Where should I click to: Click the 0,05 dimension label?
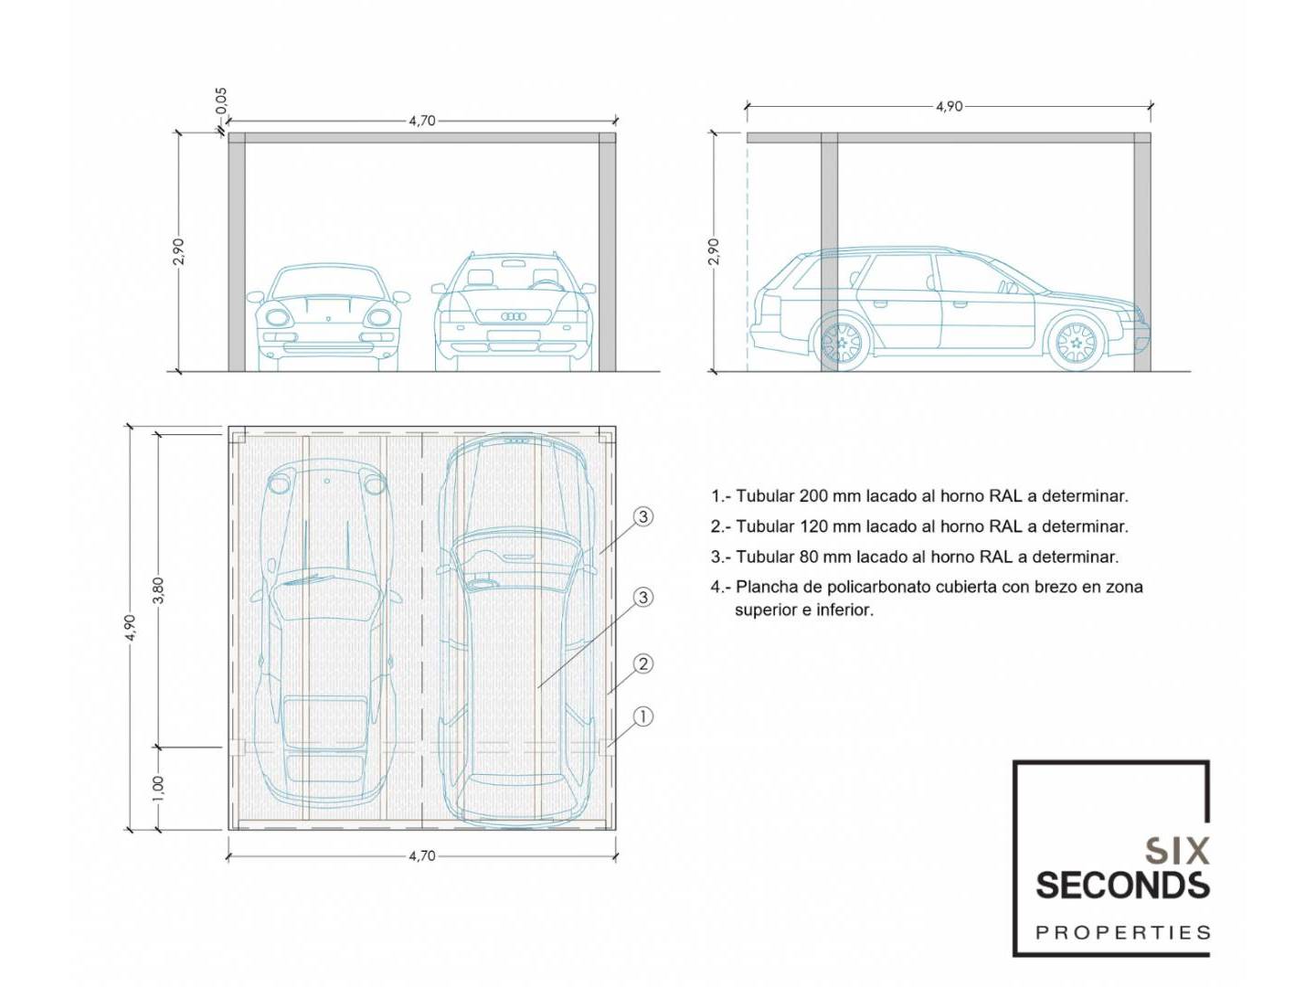click(x=221, y=101)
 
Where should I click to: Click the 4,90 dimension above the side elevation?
click(x=949, y=106)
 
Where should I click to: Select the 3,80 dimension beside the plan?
click(x=158, y=589)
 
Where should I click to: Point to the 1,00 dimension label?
click(x=158, y=788)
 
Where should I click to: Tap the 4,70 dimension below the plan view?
click(x=421, y=856)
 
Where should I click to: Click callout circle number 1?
click(x=643, y=716)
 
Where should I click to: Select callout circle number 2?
click(x=643, y=663)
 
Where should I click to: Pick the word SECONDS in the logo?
click(x=1122, y=885)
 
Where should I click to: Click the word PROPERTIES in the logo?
click(x=1122, y=933)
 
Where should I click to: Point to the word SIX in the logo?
click(x=1177, y=852)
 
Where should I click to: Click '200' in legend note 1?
click(x=813, y=496)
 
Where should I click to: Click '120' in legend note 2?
click(x=813, y=526)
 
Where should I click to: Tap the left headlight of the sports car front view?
click(x=277, y=317)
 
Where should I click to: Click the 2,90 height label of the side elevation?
click(x=714, y=251)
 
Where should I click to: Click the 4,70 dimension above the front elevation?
click(x=421, y=121)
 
